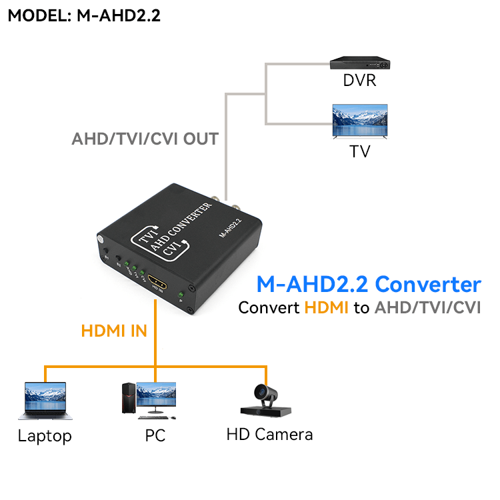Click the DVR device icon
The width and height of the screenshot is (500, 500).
click(359, 62)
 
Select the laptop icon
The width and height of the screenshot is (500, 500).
click(45, 400)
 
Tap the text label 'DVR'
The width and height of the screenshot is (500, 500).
click(359, 81)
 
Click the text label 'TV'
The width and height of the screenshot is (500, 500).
click(360, 151)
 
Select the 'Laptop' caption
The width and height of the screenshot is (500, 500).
click(45, 437)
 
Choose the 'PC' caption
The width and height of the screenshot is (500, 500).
click(155, 437)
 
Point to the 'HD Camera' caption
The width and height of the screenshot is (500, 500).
click(269, 435)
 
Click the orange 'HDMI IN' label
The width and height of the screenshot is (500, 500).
click(114, 331)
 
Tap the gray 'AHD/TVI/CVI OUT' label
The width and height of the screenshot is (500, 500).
click(145, 139)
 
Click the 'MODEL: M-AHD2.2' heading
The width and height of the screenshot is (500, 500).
click(84, 16)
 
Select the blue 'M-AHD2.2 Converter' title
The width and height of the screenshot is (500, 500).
click(369, 285)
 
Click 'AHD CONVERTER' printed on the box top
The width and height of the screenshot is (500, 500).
click(181, 227)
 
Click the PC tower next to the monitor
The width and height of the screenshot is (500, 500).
click(127, 399)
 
